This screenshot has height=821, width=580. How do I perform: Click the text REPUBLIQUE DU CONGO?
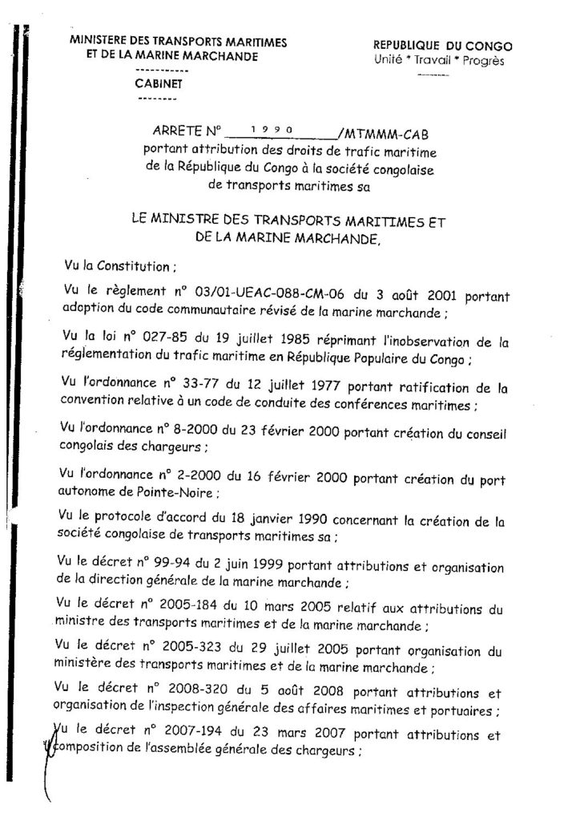click(443, 47)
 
